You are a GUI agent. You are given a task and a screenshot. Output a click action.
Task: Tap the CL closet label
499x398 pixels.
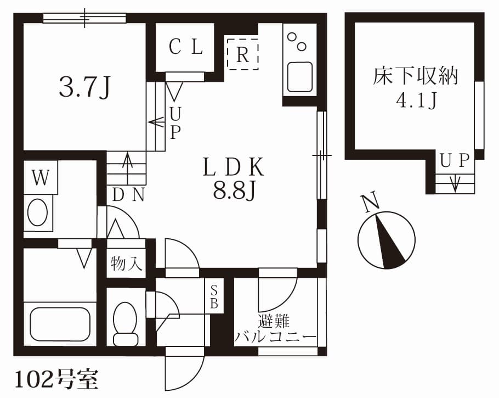186,48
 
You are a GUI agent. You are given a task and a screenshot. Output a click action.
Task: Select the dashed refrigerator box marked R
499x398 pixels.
242,54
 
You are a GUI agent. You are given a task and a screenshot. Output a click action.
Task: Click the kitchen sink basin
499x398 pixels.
299,77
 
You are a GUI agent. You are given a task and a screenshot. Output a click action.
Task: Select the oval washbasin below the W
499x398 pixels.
38,212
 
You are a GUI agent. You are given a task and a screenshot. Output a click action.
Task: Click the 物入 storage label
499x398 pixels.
127,265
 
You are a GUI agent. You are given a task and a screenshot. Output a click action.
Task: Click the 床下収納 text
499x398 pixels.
415,77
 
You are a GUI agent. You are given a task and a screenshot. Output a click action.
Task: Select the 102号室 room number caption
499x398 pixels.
55,379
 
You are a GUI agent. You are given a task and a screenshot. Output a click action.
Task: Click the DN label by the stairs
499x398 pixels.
128,195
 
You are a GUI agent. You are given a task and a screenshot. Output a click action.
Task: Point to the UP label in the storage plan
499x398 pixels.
455,160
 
